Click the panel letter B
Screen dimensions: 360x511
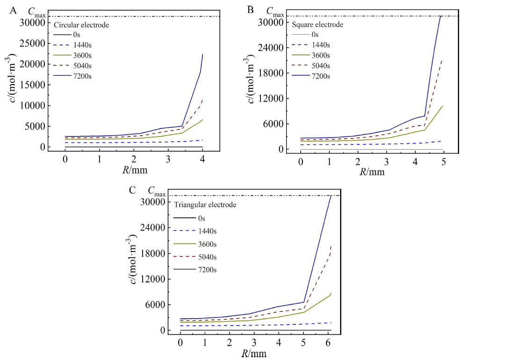click(x=250, y=10)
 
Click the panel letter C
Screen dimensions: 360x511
click(x=132, y=190)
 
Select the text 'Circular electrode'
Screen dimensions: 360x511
click(x=81, y=25)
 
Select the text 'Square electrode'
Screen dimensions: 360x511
click(x=317, y=24)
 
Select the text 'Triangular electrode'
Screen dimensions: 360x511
click(x=205, y=205)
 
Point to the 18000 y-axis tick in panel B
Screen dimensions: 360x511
click(x=272, y=73)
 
